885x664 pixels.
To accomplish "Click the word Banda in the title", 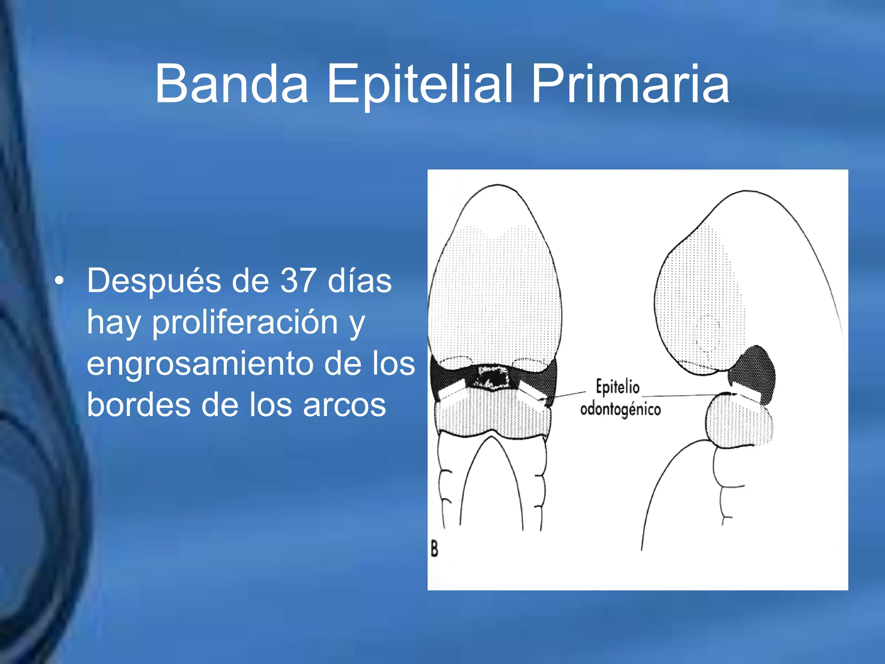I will click(232, 84).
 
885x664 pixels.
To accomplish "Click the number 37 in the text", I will click(298, 281).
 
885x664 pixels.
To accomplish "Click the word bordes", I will click(138, 405).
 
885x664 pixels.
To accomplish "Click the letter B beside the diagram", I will click(434, 549).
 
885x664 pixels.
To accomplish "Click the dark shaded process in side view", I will click(754, 370).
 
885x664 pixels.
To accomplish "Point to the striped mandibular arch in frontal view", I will click(493, 415).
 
